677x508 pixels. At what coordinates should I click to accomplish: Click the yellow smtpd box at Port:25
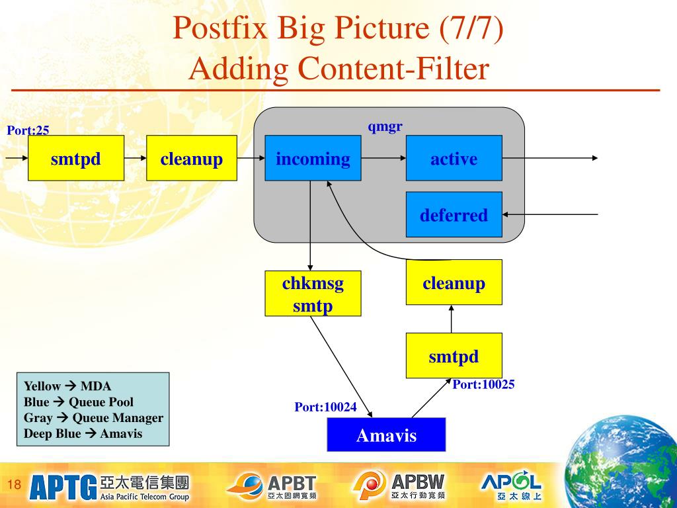click(76, 158)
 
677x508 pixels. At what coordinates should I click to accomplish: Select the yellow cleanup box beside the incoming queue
click(192, 158)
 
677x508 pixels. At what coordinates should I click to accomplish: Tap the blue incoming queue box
click(313, 158)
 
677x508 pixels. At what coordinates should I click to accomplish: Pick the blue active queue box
click(454, 158)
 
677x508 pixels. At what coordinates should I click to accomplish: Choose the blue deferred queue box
click(454, 215)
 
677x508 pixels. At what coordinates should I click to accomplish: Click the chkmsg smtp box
click(313, 294)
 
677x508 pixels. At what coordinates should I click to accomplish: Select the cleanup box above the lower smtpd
click(454, 282)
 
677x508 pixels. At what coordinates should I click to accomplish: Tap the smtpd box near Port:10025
click(454, 355)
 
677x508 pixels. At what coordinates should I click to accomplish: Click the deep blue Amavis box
click(386, 435)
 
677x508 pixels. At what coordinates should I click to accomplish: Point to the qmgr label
click(385, 126)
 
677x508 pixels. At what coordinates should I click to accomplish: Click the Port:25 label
click(28, 130)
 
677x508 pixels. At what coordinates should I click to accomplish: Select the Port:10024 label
click(325, 407)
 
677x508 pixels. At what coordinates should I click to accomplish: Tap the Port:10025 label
click(483, 384)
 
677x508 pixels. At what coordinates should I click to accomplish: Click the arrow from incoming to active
click(383, 158)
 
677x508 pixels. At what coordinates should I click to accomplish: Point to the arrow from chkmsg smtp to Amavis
click(341, 366)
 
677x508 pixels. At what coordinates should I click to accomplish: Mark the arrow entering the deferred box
click(550, 214)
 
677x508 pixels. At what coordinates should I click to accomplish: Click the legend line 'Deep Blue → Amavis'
click(83, 433)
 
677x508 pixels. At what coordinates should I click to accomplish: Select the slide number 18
click(15, 484)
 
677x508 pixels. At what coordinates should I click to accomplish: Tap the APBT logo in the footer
click(272, 486)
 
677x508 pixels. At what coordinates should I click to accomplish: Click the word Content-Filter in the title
click(393, 69)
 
